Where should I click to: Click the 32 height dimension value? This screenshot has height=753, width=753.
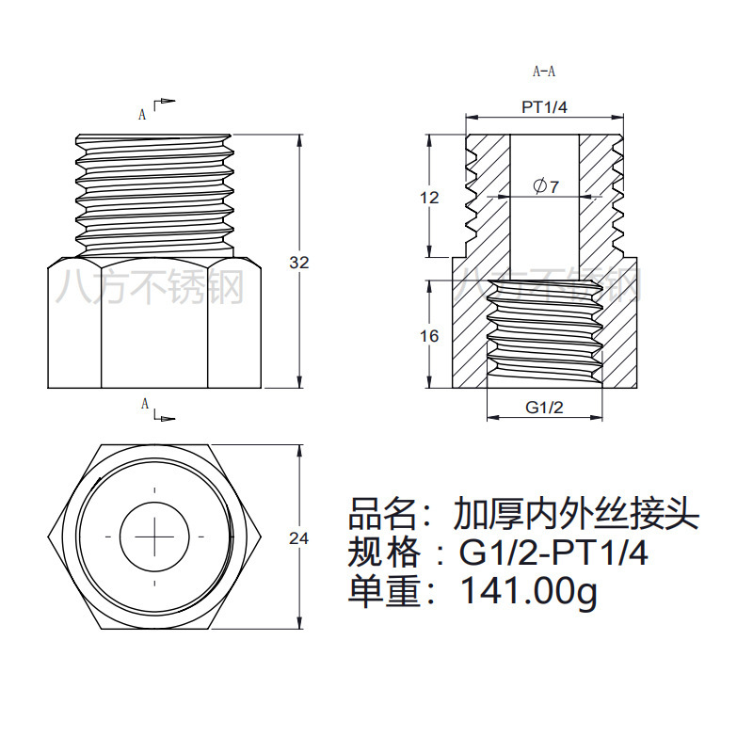point(298,263)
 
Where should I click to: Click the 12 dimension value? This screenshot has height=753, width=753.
point(429,198)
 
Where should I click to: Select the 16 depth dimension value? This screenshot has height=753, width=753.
point(429,336)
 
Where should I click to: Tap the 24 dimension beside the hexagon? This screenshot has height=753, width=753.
point(298,538)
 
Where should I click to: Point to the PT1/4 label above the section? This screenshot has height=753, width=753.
point(544,107)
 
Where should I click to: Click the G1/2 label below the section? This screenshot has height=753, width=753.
point(544,408)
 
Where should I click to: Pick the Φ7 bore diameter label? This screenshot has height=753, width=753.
point(546,186)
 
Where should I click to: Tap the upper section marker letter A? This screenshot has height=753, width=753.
point(143,115)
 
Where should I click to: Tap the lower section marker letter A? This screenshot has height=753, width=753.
point(145,404)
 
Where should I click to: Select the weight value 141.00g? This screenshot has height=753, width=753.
point(528,591)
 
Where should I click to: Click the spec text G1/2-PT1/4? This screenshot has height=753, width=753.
point(553,553)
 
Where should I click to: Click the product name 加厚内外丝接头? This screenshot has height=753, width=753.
point(575,514)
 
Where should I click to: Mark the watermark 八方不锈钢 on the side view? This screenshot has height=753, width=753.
point(150,286)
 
